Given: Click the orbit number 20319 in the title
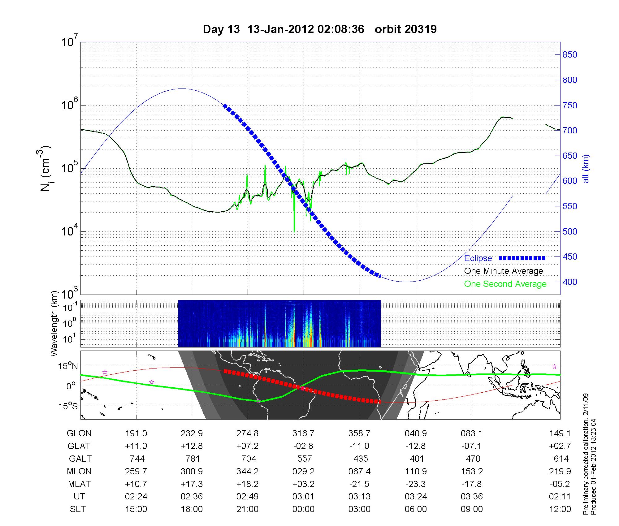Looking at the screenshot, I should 405,29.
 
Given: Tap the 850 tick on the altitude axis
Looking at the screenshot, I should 569,55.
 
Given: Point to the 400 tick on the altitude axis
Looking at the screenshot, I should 569,282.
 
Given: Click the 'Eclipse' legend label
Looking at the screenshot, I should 478,258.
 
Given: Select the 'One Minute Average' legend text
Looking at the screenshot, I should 504,271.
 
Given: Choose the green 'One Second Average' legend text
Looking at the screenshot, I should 505,284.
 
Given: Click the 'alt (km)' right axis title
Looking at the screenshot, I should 586,169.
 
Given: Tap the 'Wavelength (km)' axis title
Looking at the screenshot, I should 54,323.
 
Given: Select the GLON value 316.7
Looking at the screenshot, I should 303,433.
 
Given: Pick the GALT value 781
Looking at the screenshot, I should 192,459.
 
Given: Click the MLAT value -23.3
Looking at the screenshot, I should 415,484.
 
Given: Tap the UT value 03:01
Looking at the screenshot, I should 303,497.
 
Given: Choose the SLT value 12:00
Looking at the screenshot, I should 560,509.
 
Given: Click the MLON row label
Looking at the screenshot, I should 79,471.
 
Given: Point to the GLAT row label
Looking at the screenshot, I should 79,446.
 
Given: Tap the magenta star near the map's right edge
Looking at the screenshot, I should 554,367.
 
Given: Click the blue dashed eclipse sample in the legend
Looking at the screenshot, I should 522,258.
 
